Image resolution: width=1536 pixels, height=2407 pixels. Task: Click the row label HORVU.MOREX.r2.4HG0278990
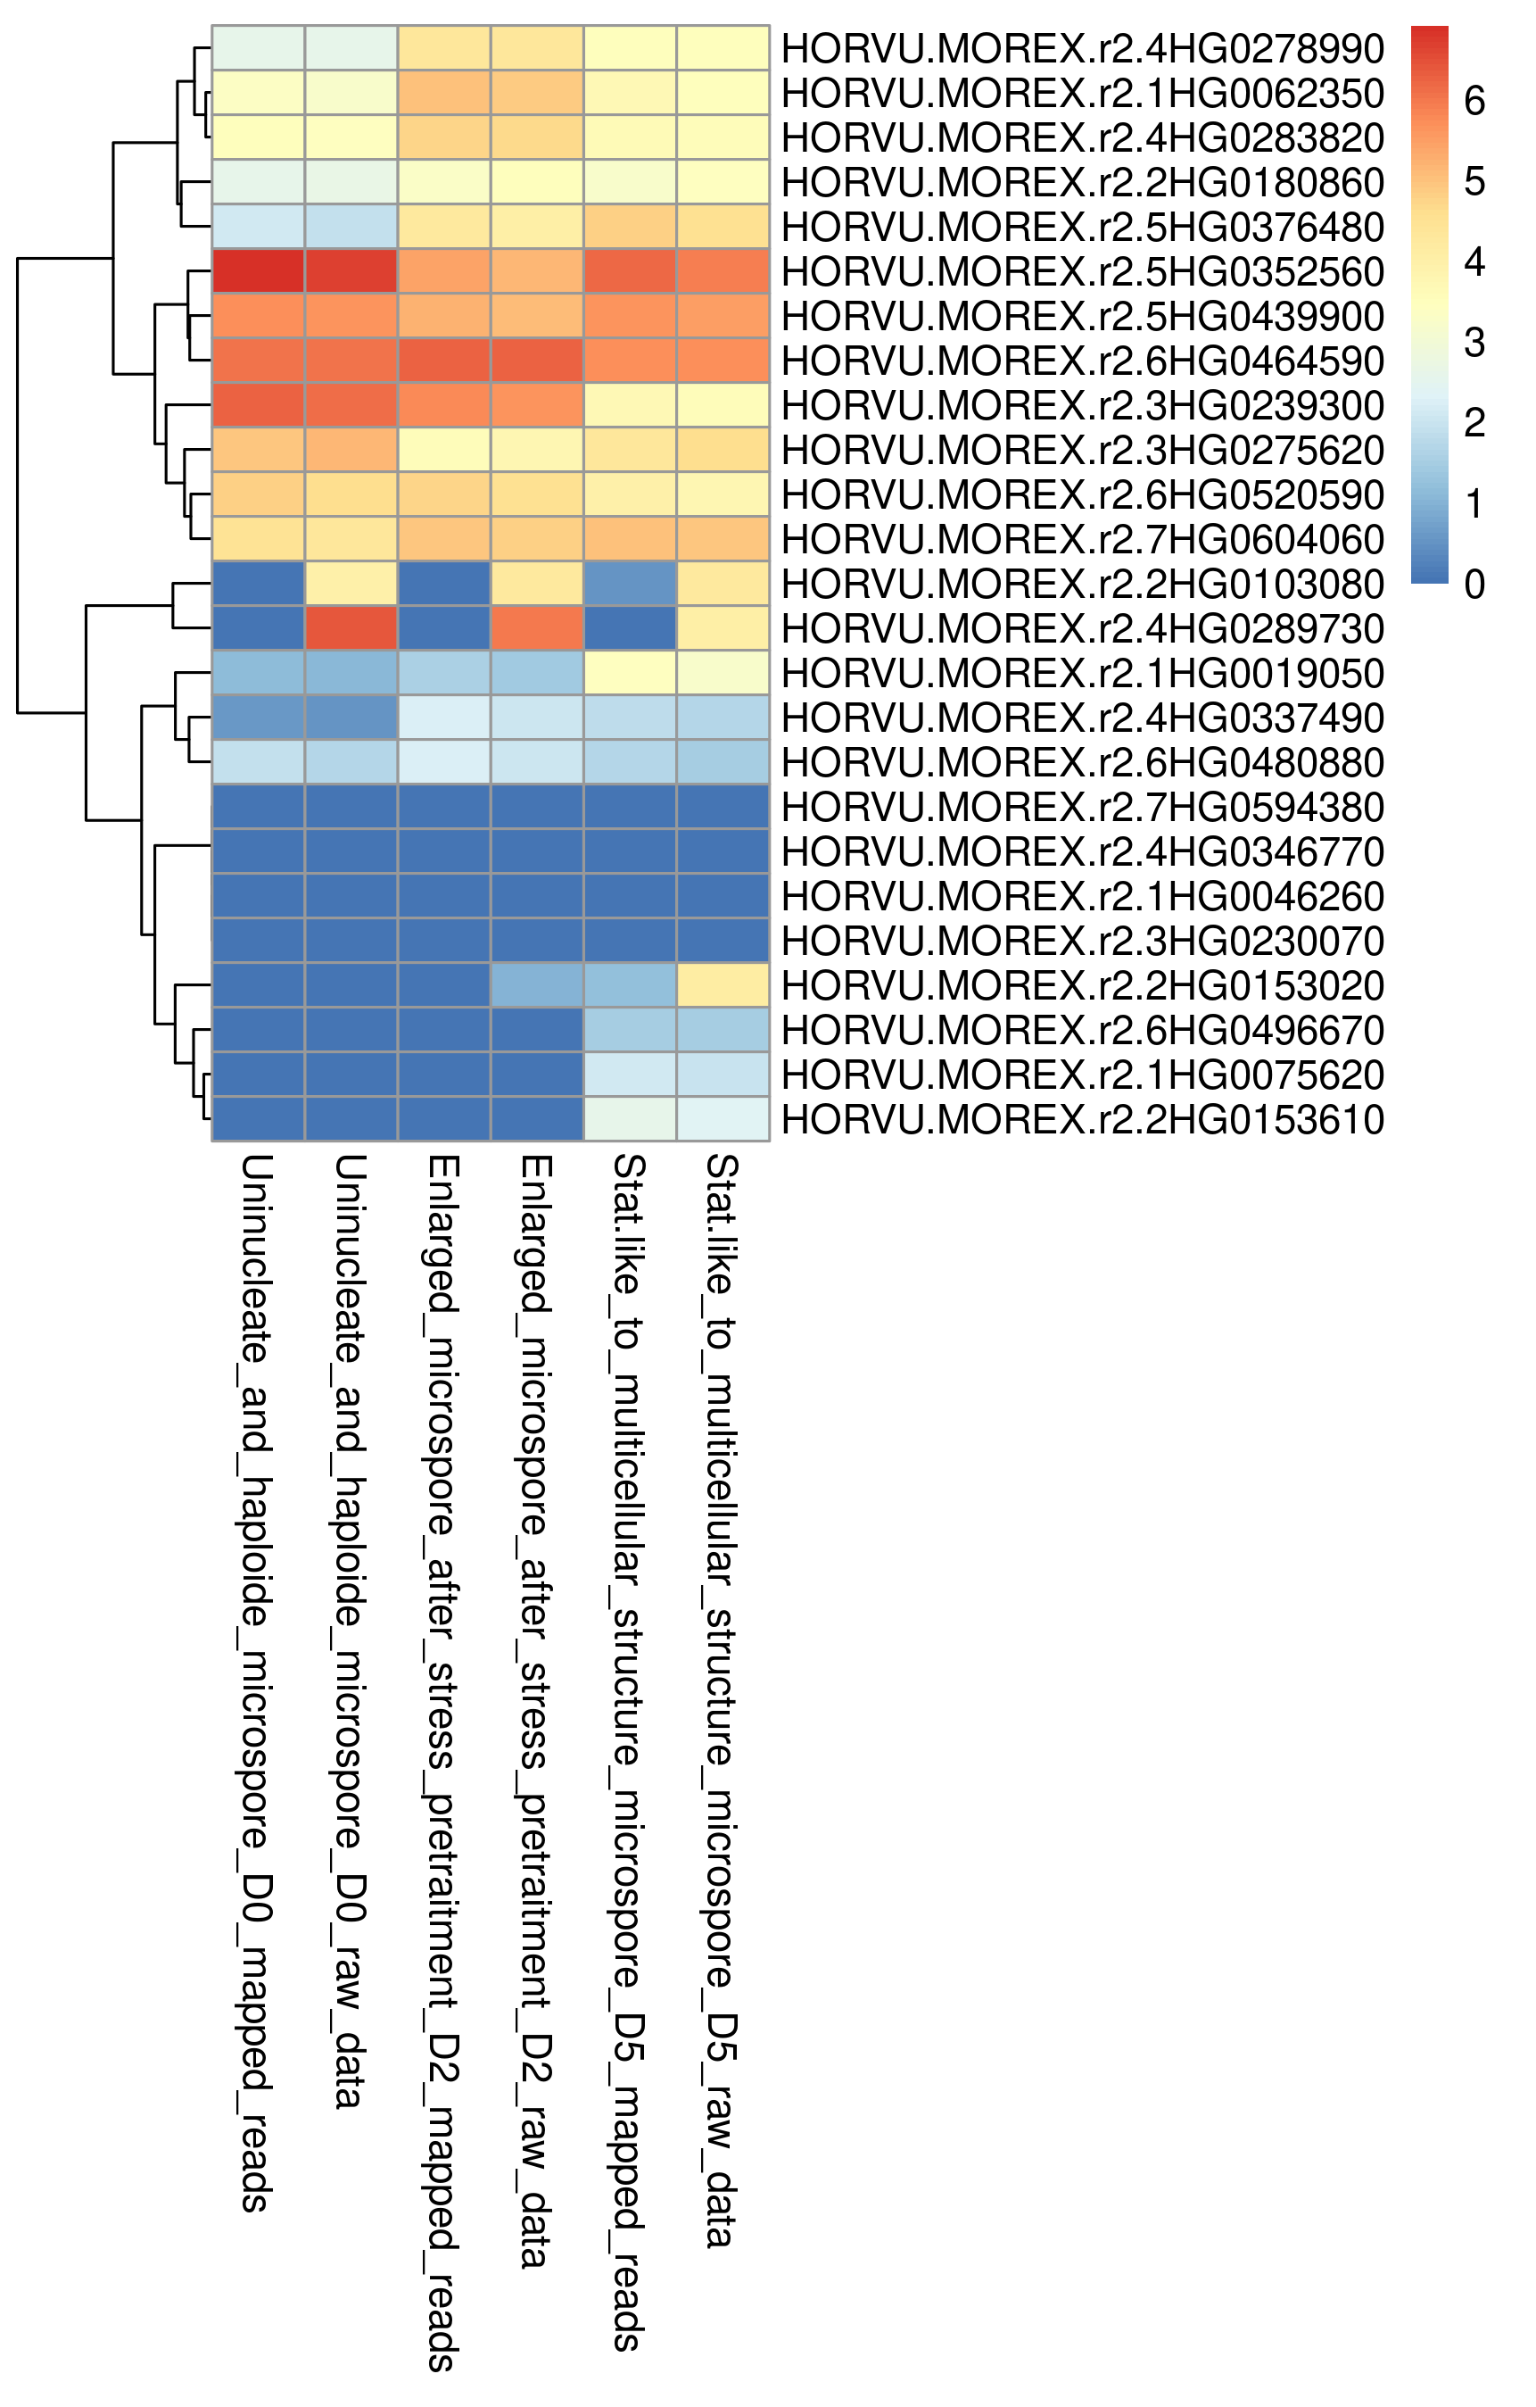(x=1082, y=48)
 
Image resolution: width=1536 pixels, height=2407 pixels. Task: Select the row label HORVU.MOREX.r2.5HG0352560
(x=1082, y=271)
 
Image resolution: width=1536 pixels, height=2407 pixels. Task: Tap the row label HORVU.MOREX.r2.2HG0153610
(x=1082, y=1118)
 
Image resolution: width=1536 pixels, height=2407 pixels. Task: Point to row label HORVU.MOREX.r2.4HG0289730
(x=1082, y=627)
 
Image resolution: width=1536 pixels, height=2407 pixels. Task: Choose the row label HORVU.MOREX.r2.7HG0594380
(x=1082, y=807)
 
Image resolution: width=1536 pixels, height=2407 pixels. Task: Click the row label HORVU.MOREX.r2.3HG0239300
(x=1082, y=405)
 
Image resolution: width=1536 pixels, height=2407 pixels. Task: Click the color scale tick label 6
(x=1474, y=101)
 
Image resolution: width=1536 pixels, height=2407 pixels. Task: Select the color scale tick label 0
(x=1474, y=584)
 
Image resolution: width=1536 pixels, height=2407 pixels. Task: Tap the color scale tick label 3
(x=1474, y=343)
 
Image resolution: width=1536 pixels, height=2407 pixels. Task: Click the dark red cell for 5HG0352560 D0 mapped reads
(x=259, y=271)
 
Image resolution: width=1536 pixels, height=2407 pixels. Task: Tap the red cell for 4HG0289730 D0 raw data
(x=351, y=627)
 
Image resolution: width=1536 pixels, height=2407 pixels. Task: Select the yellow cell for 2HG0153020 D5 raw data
(x=723, y=984)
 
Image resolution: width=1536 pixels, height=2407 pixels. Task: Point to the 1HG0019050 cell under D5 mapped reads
(x=631, y=673)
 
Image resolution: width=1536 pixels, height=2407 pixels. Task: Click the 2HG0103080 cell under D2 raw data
(x=538, y=584)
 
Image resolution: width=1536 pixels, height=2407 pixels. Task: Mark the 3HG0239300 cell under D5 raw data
(x=723, y=405)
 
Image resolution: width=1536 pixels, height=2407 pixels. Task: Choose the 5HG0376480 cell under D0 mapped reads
(x=259, y=226)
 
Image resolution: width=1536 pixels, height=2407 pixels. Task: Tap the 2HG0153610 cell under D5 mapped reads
(x=631, y=1118)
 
